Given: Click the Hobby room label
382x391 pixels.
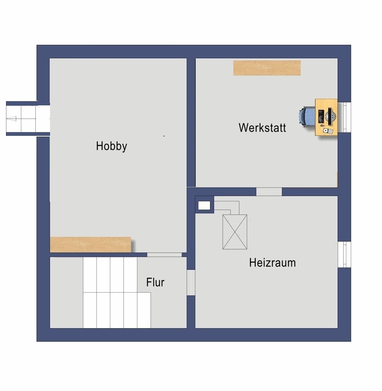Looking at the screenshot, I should coord(111,146).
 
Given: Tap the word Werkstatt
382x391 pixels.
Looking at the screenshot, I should coord(262,128).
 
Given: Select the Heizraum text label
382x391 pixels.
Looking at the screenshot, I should coord(272,263).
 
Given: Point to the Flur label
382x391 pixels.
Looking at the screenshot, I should coord(155,282).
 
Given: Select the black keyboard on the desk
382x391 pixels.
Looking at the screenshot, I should coord(321,116).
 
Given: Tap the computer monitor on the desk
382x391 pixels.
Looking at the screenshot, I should coord(330,116).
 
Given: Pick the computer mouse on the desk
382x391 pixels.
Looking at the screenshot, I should coord(322,126).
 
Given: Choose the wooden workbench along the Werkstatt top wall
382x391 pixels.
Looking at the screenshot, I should coord(267,68).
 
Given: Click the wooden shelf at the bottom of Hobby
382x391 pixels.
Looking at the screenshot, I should coord(90,245).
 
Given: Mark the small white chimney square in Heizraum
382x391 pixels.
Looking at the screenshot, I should coord(204,205).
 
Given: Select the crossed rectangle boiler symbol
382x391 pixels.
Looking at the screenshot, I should coord(235,232).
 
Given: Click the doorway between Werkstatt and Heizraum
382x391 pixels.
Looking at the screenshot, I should coord(269,192).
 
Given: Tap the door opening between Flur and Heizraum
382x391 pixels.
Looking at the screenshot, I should coord(191,282).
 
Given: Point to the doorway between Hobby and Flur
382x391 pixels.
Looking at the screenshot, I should coord(164,255).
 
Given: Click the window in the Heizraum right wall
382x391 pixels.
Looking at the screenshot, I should coord(344,255).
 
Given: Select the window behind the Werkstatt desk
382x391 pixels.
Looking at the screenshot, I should coord(345,117).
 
